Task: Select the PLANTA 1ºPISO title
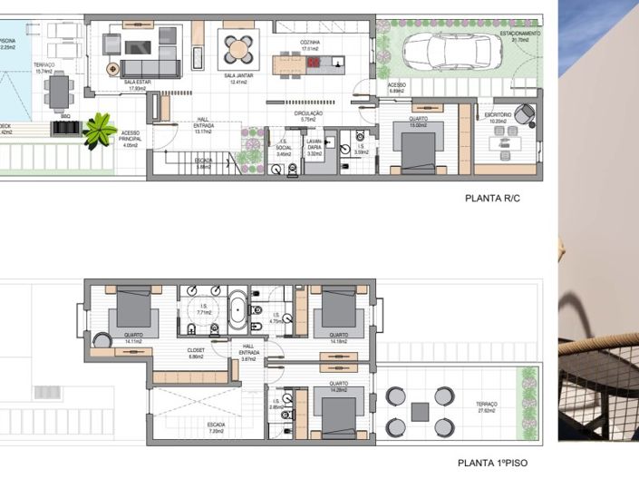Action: point(492,463)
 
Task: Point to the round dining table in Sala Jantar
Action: point(237,49)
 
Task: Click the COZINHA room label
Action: point(312,42)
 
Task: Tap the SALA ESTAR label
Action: point(137,82)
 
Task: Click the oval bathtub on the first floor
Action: point(237,309)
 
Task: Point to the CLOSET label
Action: point(196,349)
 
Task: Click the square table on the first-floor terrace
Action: point(419,411)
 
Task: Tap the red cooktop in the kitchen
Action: point(315,63)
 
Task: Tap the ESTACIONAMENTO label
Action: point(519,34)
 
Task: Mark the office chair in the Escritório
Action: point(526,115)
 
